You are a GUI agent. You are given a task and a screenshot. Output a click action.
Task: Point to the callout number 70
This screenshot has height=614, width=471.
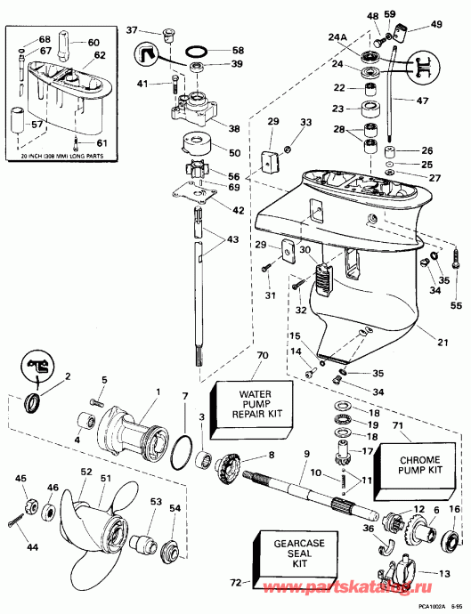coord(237,356)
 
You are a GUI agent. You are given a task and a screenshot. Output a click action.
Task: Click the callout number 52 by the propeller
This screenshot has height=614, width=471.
coord(85,472)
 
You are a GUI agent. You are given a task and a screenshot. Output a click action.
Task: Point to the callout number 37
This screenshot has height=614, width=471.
coord(132,30)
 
